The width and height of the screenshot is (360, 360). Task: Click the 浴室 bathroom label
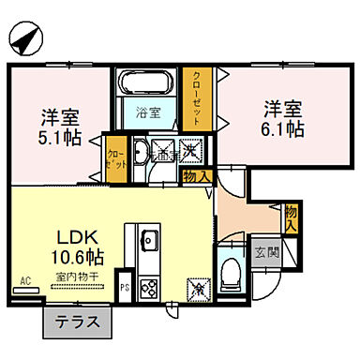pos(148,114)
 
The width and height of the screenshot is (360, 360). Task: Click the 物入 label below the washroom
pos(197,175)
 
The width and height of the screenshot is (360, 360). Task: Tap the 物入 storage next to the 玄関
pos(292,218)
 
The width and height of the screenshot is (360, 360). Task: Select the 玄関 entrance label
pos(265,251)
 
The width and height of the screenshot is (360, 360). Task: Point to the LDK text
pos(64,235)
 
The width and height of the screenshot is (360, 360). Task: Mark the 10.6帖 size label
pos(64,256)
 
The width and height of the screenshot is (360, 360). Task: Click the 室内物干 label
pos(64,278)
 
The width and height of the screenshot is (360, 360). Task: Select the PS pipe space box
pos(125,287)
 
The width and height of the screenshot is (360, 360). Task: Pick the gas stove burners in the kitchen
pos(149,286)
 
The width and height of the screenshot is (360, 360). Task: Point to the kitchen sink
pos(149,240)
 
